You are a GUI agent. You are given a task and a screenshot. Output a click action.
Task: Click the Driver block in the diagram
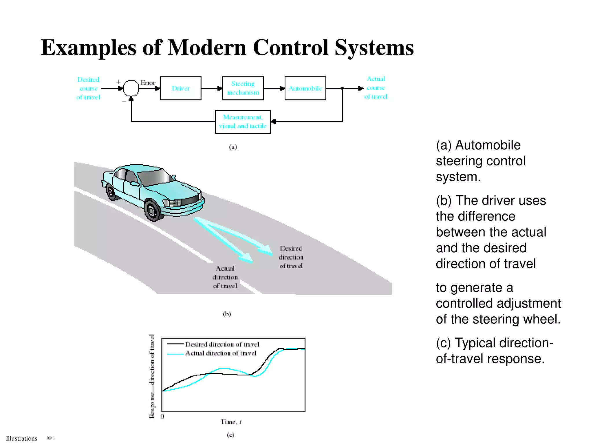(180, 88)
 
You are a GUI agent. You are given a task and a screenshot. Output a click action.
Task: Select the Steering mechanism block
(243, 88)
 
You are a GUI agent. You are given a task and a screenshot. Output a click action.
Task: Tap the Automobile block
(305, 88)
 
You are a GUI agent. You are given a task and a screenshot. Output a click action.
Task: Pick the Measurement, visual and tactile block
(243, 122)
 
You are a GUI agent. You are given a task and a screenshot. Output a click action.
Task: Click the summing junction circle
(131, 88)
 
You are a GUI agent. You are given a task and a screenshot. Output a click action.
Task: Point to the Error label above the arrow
(148, 83)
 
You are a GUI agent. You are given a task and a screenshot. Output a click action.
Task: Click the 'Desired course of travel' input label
(88, 88)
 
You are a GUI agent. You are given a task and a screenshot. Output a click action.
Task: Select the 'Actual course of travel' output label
(376, 87)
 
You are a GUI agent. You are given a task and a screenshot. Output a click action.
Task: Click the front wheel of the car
(152, 210)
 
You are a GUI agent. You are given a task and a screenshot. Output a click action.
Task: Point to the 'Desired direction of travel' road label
(291, 257)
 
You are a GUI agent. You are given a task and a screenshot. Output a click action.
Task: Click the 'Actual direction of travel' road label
(225, 277)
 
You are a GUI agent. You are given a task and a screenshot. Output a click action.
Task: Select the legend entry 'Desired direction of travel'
(222, 344)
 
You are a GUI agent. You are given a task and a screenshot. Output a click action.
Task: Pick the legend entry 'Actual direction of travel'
(221, 353)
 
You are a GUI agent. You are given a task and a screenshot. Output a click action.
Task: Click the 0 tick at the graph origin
(162, 416)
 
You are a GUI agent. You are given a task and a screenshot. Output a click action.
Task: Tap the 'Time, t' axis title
(231, 422)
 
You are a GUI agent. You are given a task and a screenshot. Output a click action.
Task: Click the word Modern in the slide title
(207, 48)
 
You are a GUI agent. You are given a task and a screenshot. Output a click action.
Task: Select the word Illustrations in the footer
(21, 438)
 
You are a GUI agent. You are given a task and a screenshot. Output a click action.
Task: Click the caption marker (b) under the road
(227, 314)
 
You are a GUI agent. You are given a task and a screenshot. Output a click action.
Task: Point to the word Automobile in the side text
(488, 145)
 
